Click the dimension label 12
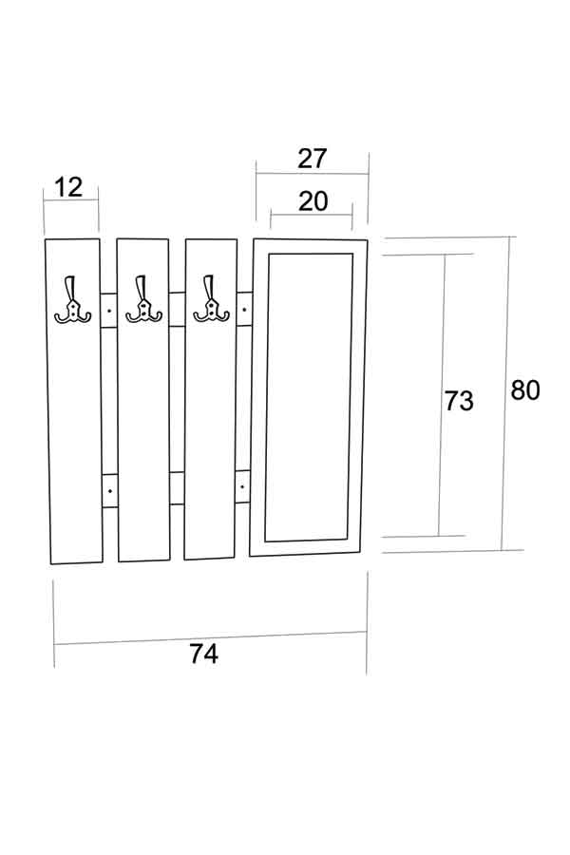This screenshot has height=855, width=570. (x=69, y=187)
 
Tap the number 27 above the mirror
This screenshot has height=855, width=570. (x=312, y=159)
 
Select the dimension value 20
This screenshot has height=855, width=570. (x=312, y=200)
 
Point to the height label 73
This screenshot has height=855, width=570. (x=459, y=401)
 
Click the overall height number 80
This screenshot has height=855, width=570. (x=525, y=390)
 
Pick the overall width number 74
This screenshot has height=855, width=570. (x=203, y=655)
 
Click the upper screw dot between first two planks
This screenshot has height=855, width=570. (x=109, y=311)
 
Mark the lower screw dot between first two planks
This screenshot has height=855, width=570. (x=109, y=490)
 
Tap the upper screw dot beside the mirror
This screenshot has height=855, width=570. (x=244, y=309)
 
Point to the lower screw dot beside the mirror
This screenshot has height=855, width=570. (x=244, y=488)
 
